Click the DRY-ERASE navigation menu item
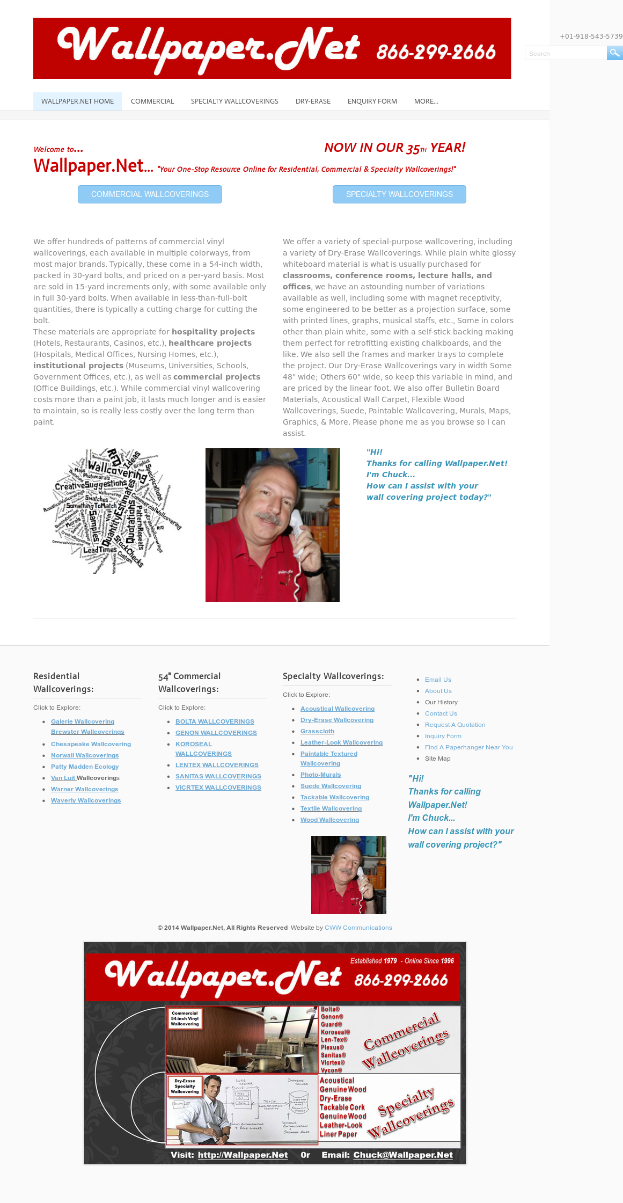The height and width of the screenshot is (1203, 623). tap(313, 101)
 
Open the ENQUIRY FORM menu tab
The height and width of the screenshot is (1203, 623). tap(372, 101)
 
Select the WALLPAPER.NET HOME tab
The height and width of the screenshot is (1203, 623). tap(77, 101)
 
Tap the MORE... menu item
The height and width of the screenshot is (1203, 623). tap(426, 101)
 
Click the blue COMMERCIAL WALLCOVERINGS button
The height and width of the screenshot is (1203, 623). tap(150, 194)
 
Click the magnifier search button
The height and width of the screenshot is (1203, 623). tap(614, 53)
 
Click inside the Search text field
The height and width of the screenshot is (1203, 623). tap(565, 53)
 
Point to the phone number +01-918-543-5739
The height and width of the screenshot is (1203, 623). tap(591, 37)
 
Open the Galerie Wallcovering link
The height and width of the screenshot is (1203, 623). tap(83, 721)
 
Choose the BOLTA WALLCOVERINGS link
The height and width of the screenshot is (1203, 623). tap(215, 721)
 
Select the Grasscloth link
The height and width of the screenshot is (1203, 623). tap(317, 731)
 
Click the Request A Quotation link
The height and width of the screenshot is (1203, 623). tap(455, 725)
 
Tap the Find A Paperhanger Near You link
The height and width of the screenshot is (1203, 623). tap(468, 747)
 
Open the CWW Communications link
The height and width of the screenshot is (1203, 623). tap(358, 928)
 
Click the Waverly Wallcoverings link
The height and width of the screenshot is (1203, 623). tap(86, 800)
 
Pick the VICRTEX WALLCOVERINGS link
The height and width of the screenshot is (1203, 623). tap(218, 788)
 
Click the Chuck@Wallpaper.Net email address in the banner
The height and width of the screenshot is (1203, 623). tap(403, 1155)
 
